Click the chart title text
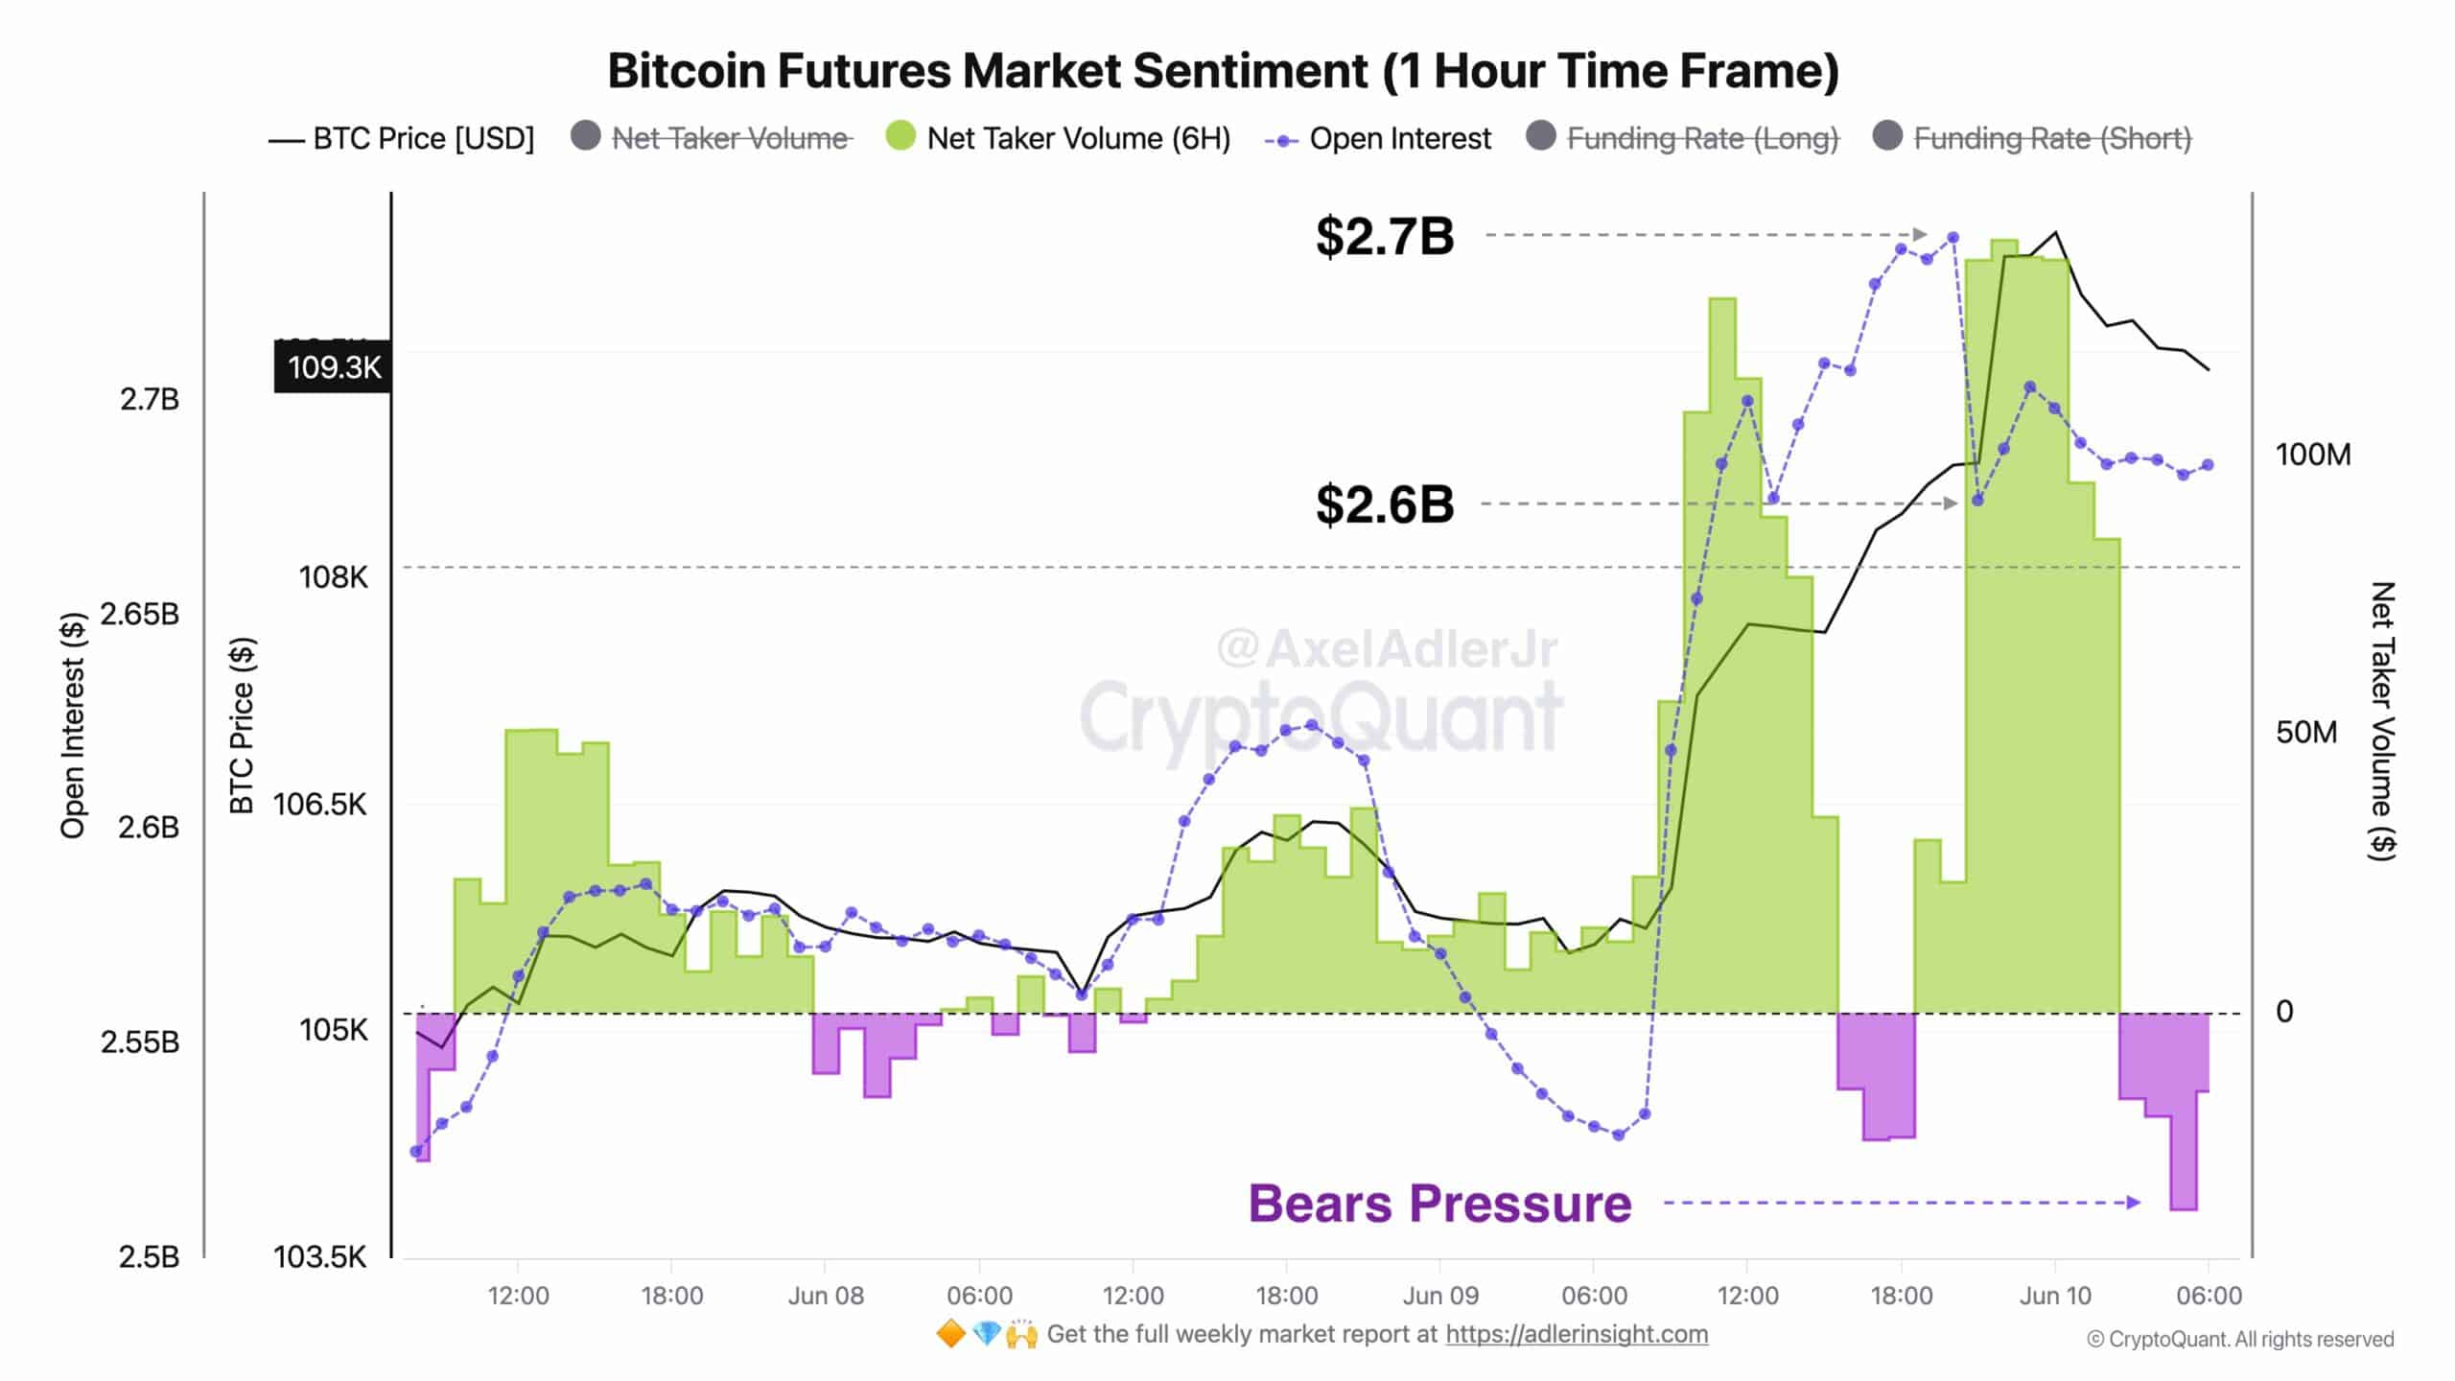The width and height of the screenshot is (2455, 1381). tap(1223, 71)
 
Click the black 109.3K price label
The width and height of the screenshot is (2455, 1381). tap(333, 367)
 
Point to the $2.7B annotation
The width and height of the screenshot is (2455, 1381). tap(1385, 236)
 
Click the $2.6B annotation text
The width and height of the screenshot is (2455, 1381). tap(1385, 504)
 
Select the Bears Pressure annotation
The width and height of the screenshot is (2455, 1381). tap(1439, 1204)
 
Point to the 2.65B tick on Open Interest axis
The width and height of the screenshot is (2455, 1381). tap(140, 614)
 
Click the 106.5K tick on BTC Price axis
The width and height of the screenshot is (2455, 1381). tap(319, 804)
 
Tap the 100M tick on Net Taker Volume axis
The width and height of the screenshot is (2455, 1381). tap(2312, 455)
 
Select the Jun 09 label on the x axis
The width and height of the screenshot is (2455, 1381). tap(1440, 1297)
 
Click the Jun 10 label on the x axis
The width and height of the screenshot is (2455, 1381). tap(2055, 1297)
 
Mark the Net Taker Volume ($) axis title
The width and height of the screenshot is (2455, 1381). tap(2382, 721)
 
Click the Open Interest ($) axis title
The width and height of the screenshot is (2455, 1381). tap(73, 725)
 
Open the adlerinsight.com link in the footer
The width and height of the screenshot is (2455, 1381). tap(1577, 1334)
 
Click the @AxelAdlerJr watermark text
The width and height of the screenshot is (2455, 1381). tap(1388, 649)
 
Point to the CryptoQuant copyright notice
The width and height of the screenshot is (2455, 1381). tap(2240, 1340)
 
